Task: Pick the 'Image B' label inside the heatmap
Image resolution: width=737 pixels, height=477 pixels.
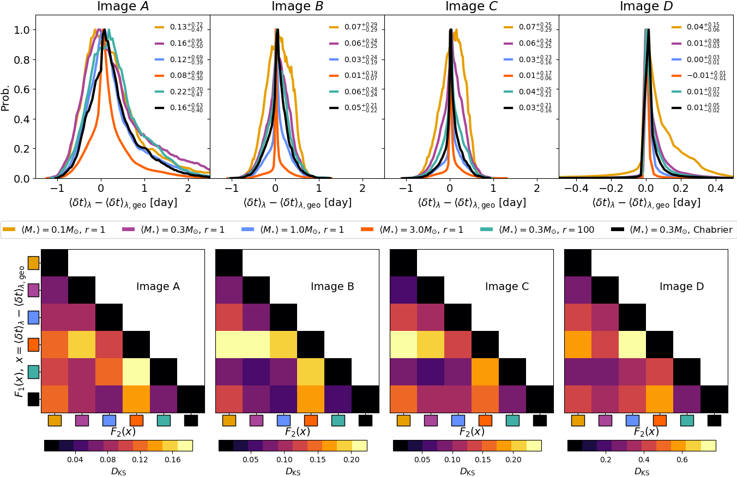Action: click(x=332, y=286)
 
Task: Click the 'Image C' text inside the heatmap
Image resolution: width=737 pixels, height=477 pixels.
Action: click(x=506, y=286)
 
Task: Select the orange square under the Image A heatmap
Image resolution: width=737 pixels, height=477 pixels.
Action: click(x=136, y=420)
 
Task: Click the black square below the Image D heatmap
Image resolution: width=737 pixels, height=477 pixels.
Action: click(x=714, y=420)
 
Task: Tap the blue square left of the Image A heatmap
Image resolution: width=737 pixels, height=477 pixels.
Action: click(x=34, y=317)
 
